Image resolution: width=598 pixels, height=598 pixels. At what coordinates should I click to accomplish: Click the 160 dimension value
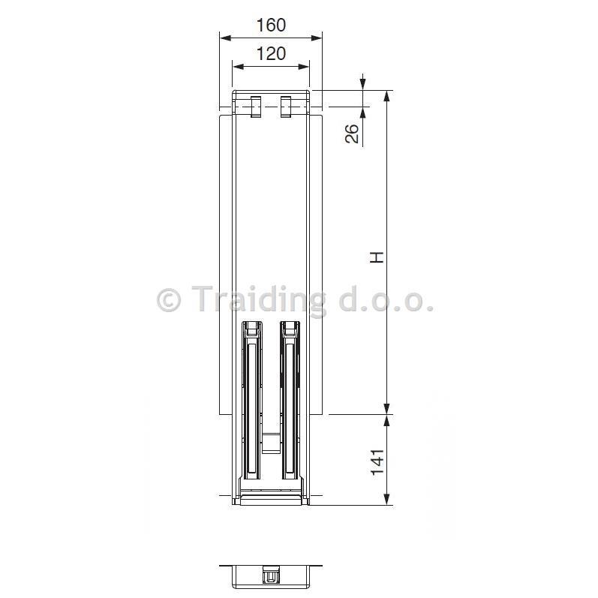[x=271, y=26]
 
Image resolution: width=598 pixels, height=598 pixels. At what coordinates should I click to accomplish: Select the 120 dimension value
[x=271, y=54]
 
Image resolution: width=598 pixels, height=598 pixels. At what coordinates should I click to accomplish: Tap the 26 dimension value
[x=353, y=134]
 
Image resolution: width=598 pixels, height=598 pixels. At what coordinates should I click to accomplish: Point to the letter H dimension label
[x=377, y=257]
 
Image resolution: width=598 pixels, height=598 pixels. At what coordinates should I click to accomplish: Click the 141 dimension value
[x=377, y=462]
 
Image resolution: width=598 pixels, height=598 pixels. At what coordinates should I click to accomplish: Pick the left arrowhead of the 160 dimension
[x=226, y=38]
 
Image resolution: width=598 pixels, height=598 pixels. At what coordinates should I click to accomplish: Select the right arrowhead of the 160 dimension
[x=316, y=38]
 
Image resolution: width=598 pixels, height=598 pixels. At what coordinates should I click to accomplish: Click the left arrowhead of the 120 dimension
[x=239, y=67]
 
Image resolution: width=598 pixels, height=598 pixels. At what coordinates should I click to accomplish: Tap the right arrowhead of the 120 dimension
[x=303, y=67]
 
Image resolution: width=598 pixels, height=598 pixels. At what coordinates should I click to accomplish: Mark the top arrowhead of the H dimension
[x=386, y=97]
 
